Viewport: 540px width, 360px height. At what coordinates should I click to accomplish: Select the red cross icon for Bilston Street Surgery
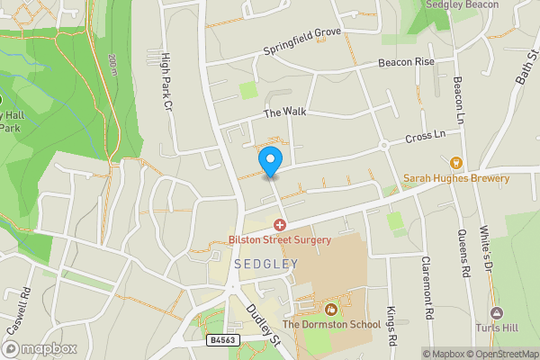[x=280, y=225]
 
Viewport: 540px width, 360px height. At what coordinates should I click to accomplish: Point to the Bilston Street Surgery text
[x=280, y=240]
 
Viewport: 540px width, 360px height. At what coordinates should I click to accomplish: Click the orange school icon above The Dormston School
[x=330, y=310]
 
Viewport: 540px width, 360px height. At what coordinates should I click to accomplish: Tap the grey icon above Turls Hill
[x=496, y=313]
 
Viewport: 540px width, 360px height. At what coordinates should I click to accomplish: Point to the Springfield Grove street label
[x=302, y=43]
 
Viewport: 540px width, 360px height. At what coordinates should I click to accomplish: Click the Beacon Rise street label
[x=405, y=62]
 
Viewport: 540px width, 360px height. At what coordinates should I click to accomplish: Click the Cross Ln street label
[x=427, y=137]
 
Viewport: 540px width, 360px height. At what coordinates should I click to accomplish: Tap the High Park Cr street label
[x=166, y=81]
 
